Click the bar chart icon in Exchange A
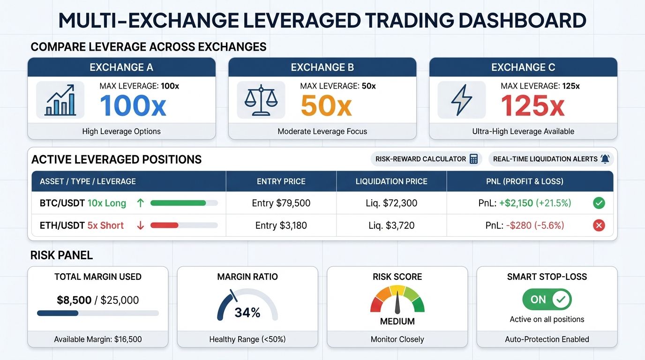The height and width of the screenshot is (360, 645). (x=60, y=100)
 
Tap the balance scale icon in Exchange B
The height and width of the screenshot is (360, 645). (x=261, y=100)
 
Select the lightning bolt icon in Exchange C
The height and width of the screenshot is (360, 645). (x=461, y=100)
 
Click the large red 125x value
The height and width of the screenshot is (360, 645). (x=532, y=106)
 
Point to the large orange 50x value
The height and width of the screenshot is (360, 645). (x=326, y=106)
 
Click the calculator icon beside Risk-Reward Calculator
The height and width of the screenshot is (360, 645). (x=473, y=159)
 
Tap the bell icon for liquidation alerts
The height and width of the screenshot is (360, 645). (x=605, y=159)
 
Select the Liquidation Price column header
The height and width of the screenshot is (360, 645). (x=391, y=181)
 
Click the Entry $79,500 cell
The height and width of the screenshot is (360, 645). (x=281, y=203)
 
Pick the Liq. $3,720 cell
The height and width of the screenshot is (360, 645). (x=391, y=225)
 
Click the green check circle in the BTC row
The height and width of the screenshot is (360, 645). (x=599, y=203)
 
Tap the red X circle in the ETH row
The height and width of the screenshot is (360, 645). (x=599, y=225)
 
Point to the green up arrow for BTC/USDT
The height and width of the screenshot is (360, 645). (x=140, y=203)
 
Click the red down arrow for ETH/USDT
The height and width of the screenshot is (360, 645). (x=140, y=225)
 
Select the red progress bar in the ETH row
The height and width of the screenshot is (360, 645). (x=165, y=225)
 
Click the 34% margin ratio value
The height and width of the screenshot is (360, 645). (x=247, y=312)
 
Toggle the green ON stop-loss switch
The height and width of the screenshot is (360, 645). (x=547, y=300)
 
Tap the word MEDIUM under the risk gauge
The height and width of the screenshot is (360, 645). (x=397, y=322)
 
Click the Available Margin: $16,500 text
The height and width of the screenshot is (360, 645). (x=97, y=339)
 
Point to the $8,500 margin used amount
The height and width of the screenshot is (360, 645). (x=74, y=300)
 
